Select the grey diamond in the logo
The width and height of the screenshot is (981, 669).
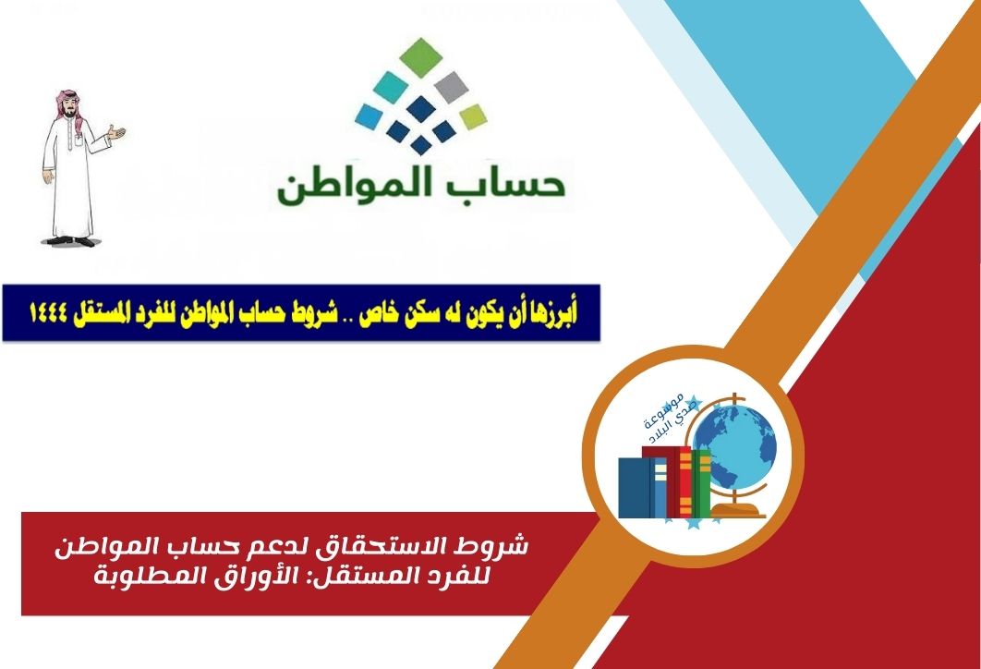point(451,87)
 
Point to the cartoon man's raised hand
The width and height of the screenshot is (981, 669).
point(115,133)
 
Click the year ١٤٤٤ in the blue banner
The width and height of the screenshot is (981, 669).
point(48,313)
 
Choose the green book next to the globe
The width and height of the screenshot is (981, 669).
point(701,483)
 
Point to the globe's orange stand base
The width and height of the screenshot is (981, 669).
point(739,510)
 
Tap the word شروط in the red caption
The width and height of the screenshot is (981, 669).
point(501,546)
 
